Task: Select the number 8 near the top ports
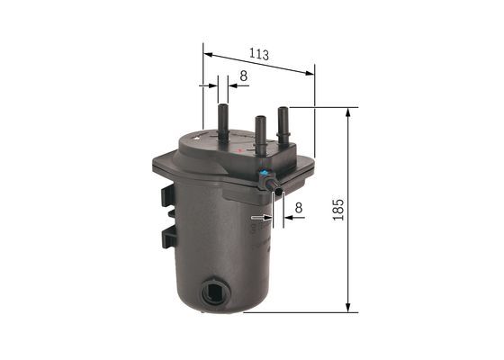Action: coord(244,77)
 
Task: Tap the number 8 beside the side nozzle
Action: coord(298,207)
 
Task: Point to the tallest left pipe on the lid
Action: coord(222,124)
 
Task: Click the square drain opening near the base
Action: coord(213,292)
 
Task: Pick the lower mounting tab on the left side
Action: coord(167,237)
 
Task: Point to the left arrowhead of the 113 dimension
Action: coord(209,54)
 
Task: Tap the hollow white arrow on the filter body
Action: coord(258,218)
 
